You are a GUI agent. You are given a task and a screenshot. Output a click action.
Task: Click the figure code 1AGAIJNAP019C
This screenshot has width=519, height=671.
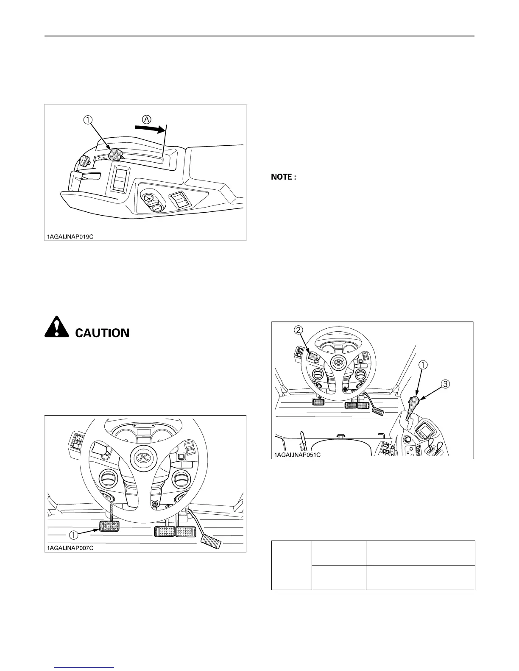tap(70, 237)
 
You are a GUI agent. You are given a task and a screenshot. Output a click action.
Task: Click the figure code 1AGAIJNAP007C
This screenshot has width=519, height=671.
tap(70, 548)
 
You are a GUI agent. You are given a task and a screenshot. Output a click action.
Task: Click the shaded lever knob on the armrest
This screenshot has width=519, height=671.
tap(115, 154)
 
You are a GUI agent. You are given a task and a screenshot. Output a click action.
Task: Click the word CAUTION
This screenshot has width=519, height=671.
tap(102, 333)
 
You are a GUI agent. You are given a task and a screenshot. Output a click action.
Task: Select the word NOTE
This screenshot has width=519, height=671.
tap(281, 177)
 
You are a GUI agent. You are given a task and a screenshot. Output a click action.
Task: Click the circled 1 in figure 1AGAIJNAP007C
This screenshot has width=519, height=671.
tap(73, 535)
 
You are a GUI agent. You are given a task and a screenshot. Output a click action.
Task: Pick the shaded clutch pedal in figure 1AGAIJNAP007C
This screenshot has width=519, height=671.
tap(109, 527)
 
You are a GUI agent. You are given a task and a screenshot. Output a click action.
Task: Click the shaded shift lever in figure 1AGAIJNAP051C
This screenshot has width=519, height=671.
tap(413, 404)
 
